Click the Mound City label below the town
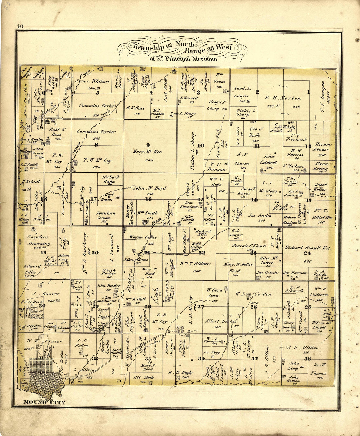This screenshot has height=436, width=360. [44, 402]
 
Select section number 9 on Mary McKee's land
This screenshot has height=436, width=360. [148, 145]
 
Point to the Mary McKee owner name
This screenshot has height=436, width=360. [147, 152]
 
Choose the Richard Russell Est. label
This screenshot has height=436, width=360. [308, 248]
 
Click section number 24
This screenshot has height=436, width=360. [307, 253]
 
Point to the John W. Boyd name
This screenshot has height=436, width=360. [149, 188]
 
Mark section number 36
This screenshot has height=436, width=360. [307, 359]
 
